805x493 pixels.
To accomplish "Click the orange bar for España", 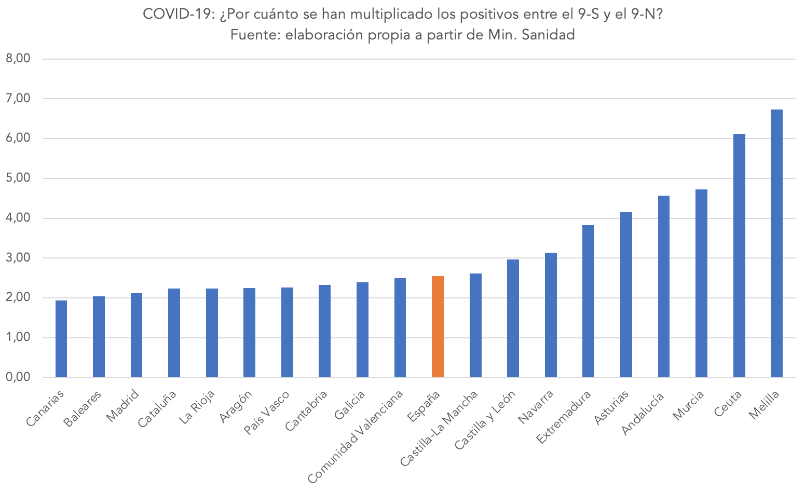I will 438,326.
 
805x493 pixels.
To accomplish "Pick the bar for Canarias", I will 61,338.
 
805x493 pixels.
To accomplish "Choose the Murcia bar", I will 701,283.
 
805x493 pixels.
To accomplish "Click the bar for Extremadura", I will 588,301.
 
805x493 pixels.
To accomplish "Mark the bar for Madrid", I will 137,335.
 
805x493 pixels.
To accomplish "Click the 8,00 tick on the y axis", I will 18,59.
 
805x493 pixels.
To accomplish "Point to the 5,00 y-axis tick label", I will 18,178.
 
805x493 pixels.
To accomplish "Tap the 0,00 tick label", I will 18,377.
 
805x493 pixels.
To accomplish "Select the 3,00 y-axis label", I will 18,258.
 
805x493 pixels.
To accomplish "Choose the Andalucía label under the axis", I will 643,414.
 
